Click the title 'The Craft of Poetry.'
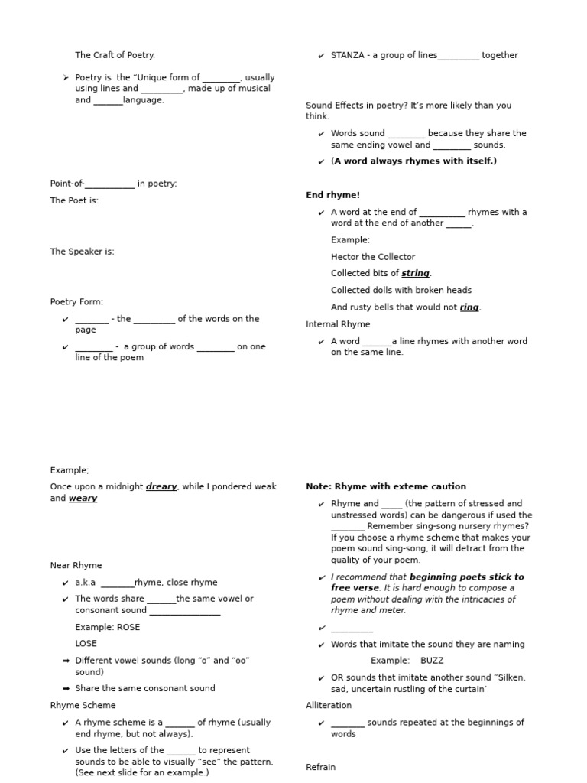[115, 55]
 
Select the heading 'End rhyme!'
[332, 195]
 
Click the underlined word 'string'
[415, 273]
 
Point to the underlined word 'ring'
[469, 307]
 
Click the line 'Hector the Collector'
[373, 257]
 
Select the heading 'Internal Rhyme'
[338, 324]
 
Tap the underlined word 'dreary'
[161, 486]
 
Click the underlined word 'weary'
[83, 499]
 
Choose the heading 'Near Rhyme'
[76, 565]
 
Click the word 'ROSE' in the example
[128, 627]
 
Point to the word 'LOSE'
[86, 643]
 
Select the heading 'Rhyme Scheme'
[83, 705]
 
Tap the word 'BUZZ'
[432, 660]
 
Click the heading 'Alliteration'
[329, 705]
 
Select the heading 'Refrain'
[320, 767]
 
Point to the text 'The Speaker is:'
[82, 252]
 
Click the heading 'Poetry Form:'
[76, 302]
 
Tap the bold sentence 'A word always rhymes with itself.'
[415, 161]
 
